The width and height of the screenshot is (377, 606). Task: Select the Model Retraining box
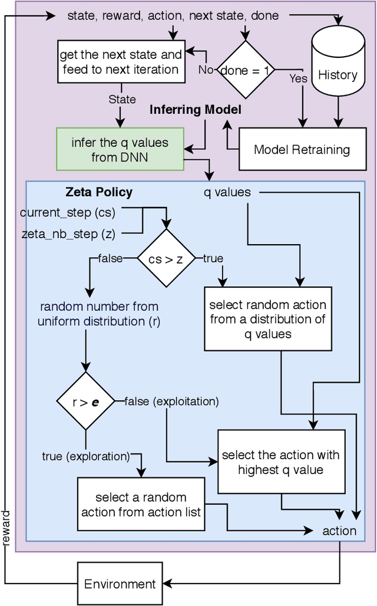(302, 149)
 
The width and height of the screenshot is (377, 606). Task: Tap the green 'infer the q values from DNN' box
(120, 150)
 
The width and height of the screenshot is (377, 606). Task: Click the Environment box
(120, 584)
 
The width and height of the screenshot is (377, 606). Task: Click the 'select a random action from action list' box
(141, 504)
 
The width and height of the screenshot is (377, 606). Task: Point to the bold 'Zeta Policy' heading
(98, 192)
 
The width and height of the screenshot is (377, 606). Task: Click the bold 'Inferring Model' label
(195, 110)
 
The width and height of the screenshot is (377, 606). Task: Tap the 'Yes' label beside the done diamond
(297, 77)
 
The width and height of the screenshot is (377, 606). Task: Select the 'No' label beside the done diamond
(206, 70)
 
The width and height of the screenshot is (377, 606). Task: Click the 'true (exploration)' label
(86, 456)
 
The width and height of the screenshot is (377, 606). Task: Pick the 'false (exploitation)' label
(171, 401)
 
